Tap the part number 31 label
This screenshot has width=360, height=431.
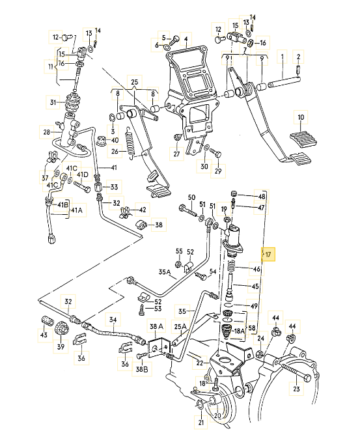coord(53,102)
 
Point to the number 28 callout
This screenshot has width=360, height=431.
coord(47,132)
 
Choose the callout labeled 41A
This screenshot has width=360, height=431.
coord(77,210)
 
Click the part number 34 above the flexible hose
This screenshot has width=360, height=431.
coord(113,319)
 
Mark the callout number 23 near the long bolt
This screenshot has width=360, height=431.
coord(296,389)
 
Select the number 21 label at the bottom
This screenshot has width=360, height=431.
coord(202,423)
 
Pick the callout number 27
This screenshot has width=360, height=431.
coord(176,155)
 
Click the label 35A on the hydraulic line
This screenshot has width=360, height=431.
coord(163,273)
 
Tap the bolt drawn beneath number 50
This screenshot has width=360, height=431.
coord(190,210)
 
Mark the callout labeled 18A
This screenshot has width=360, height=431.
coord(239,331)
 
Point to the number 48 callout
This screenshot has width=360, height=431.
coord(262,196)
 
